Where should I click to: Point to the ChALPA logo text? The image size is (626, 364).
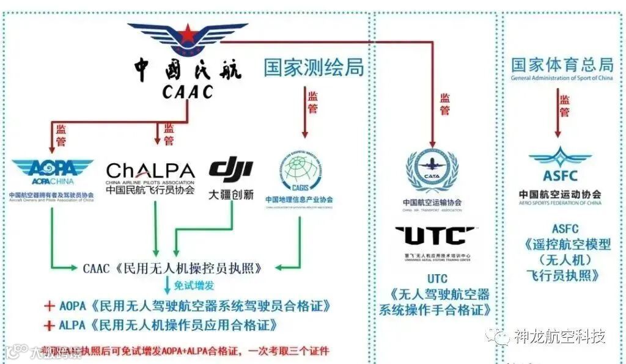150,170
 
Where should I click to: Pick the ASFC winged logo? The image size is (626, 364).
560,163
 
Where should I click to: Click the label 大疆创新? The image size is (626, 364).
230,195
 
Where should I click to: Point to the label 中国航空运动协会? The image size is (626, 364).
560,195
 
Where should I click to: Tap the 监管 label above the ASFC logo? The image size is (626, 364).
564,106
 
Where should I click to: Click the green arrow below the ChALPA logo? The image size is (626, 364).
155,232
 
